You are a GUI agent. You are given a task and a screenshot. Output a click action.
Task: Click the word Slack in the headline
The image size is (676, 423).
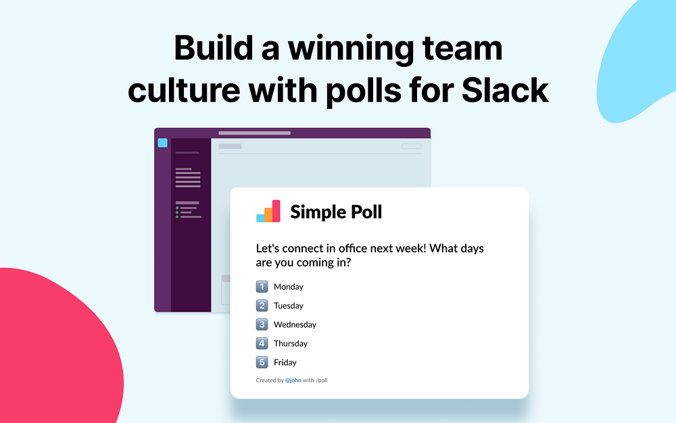click(x=505, y=90)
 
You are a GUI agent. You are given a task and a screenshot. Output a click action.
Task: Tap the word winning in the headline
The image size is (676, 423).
click(x=350, y=49)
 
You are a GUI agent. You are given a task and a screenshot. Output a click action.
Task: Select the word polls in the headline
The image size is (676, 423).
click(x=363, y=90)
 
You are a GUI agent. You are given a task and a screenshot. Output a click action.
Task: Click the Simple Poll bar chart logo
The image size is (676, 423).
click(x=268, y=211)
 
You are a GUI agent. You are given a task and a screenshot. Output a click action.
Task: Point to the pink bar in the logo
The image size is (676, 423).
click(x=276, y=211)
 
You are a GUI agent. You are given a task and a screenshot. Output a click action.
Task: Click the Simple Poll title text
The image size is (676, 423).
click(x=336, y=212)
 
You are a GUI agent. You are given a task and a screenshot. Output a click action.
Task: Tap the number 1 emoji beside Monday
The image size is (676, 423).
click(x=262, y=286)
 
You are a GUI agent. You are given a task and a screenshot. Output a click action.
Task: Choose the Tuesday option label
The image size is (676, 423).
click(x=289, y=306)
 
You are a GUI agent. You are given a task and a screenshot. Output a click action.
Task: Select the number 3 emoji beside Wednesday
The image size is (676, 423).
click(x=262, y=324)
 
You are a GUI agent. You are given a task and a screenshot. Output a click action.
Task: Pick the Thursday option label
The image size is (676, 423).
click(x=291, y=343)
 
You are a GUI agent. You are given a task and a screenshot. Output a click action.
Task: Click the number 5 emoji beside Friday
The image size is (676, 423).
click(x=262, y=362)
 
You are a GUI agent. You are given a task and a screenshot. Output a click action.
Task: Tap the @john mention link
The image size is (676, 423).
click(x=293, y=380)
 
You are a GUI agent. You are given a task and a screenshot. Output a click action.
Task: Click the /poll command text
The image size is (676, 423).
click(x=322, y=380)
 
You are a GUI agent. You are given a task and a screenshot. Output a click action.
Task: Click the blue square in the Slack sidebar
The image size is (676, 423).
click(x=162, y=143)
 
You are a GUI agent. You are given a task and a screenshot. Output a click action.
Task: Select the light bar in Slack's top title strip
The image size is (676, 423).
click(x=254, y=133)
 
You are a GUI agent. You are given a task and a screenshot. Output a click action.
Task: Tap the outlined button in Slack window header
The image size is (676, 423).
click(x=411, y=146)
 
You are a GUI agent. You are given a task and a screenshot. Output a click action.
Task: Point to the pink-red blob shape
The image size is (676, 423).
click(x=56, y=350)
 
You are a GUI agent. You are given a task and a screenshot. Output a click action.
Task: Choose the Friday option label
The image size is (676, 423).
click(x=285, y=362)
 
